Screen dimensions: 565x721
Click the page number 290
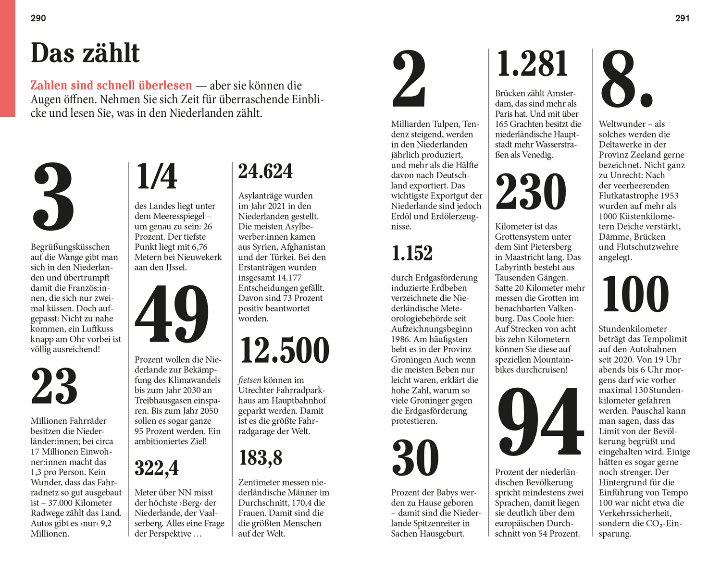tap(38, 18)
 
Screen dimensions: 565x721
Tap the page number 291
tap(682, 18)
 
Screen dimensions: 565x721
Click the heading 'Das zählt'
tap(85, 53)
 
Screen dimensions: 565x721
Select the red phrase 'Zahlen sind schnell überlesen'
tap(111, 86)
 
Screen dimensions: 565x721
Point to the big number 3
tap(53, 197)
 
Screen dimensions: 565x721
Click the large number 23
tap(54, 386)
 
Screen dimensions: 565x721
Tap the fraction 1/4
tap(157, 176)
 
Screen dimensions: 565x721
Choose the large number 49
tap(172, 314)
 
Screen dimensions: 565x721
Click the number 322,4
tap(157, 468)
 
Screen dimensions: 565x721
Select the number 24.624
tap(265, 172)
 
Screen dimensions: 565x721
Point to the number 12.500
tap(285, 350)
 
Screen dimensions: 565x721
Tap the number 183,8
tap(261, 458)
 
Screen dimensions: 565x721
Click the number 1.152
tap(412, 253)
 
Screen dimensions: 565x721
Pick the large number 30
tap(415, 458)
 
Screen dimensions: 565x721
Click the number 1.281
tap(532, 64)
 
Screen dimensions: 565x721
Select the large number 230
tap(531, 192)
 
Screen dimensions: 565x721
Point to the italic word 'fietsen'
tap(249, 380)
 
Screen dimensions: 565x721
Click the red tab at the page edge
tap(7, 58)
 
